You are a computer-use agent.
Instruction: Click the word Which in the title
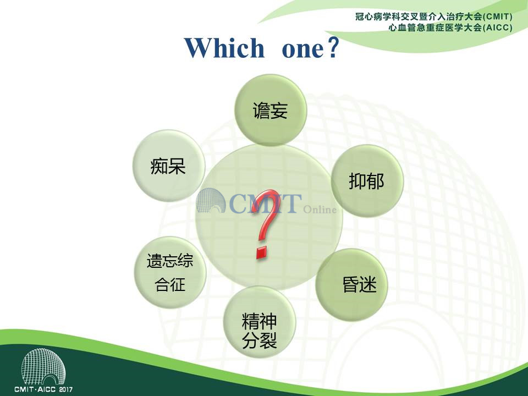point(224,47)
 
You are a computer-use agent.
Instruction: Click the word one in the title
point(302,49)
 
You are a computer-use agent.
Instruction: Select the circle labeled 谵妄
point(271,110)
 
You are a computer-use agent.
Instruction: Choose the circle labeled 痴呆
point(168,166)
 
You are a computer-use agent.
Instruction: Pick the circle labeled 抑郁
point(367,181)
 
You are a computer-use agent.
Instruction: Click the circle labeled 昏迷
point(351,284)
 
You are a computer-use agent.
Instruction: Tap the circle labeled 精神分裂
point(259,322)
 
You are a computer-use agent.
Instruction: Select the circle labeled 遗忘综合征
point(170,272)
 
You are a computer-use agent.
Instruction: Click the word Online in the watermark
point(320,210)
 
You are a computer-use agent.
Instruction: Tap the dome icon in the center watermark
point(211,201)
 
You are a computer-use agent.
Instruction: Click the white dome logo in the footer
point(43,366)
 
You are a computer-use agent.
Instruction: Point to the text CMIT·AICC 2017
point(43,389)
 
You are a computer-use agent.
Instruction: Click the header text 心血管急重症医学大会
point(435,28)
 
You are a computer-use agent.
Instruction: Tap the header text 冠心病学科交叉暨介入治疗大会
point(419,16)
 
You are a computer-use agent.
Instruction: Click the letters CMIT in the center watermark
point(265,204)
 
